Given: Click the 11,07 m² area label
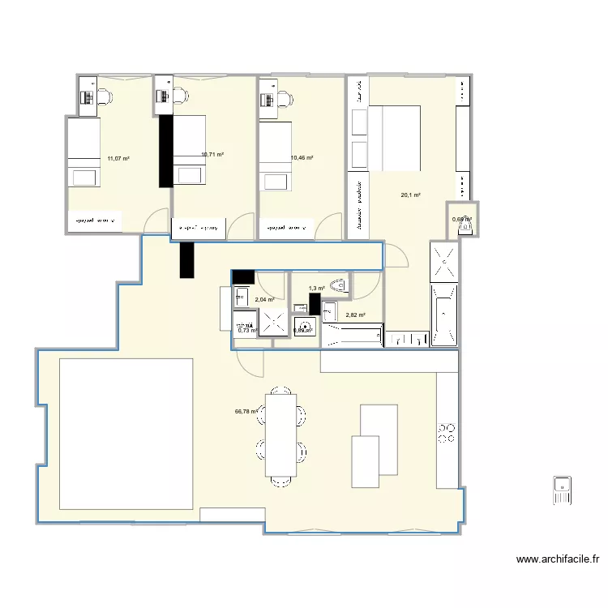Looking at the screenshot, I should (118, 159).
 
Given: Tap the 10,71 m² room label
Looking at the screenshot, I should (212, 154).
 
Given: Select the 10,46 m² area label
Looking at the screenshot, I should (302, 158).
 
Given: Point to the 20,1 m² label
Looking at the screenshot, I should (410, 195).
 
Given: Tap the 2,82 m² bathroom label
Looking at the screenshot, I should (355, 315).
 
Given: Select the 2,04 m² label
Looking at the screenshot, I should (264, 299).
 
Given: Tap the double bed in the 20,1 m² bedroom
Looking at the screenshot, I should (395, 138).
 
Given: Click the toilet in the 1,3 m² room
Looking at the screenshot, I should (339, 285).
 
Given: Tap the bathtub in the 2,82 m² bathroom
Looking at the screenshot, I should (352, 335).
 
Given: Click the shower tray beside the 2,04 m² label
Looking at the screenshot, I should (275, 324).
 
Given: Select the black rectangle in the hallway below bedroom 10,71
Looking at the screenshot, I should (187, 259).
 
